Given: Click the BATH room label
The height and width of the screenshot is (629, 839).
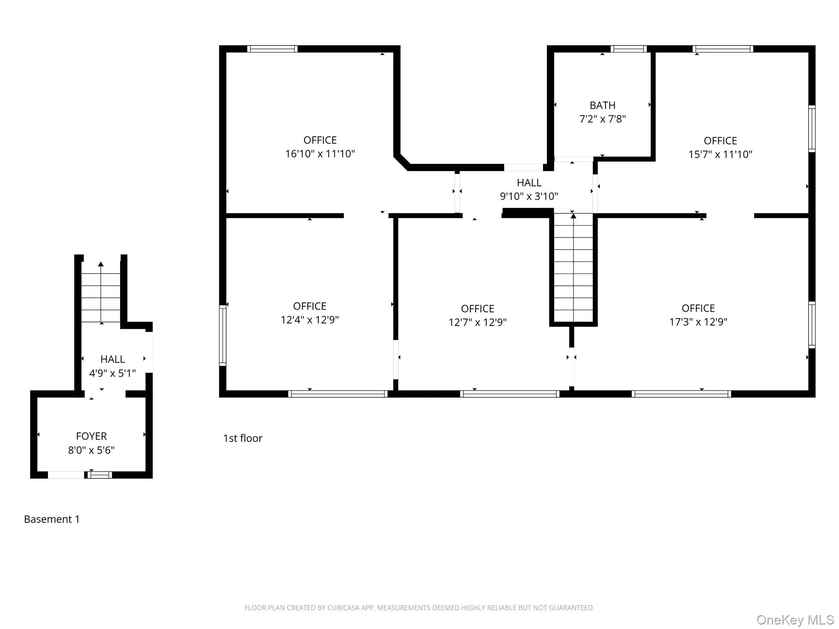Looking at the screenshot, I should click(x=602, y=105).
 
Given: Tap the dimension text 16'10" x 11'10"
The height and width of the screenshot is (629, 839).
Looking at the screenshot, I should click(x=320, y=154).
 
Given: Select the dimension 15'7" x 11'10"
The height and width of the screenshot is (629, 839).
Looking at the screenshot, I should click(x=720, y=154).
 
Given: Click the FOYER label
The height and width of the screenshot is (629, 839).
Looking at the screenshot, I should click(x=91, y=436).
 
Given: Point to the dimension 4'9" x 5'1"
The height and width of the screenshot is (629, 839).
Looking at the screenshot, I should click(x=112, y=373).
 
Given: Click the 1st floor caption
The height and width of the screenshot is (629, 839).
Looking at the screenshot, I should click(x=243, y=438).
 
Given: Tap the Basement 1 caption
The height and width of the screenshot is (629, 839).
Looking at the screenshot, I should click(x=52, y=519).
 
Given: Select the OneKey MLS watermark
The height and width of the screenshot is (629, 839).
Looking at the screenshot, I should click(x=795, y=620).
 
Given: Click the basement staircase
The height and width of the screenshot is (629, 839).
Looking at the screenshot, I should click(x=101, y=292).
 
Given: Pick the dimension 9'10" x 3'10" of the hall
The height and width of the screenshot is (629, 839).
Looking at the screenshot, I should click(x=528, y=196).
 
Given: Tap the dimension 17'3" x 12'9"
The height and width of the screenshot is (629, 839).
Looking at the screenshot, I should click(x=698, y=322).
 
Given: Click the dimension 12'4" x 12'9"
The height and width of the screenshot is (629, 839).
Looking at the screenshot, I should click(x=309, y=320).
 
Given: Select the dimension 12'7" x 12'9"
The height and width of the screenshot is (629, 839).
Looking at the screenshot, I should click(x=477, y=322).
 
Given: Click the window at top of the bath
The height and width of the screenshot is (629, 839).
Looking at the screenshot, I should click(x=628, y=49).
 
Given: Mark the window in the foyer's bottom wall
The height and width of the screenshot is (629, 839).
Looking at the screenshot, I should click(x=100, y=475).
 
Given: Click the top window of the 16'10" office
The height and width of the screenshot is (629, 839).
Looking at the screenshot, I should click(x=272, y=49).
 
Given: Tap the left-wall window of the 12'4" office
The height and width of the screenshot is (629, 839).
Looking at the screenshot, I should click(x=222, y=335).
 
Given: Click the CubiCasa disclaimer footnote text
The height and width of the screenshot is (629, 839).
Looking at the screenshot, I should click(x=419, y=608).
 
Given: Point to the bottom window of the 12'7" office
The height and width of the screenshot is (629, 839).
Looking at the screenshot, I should click(x=509, y=394).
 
